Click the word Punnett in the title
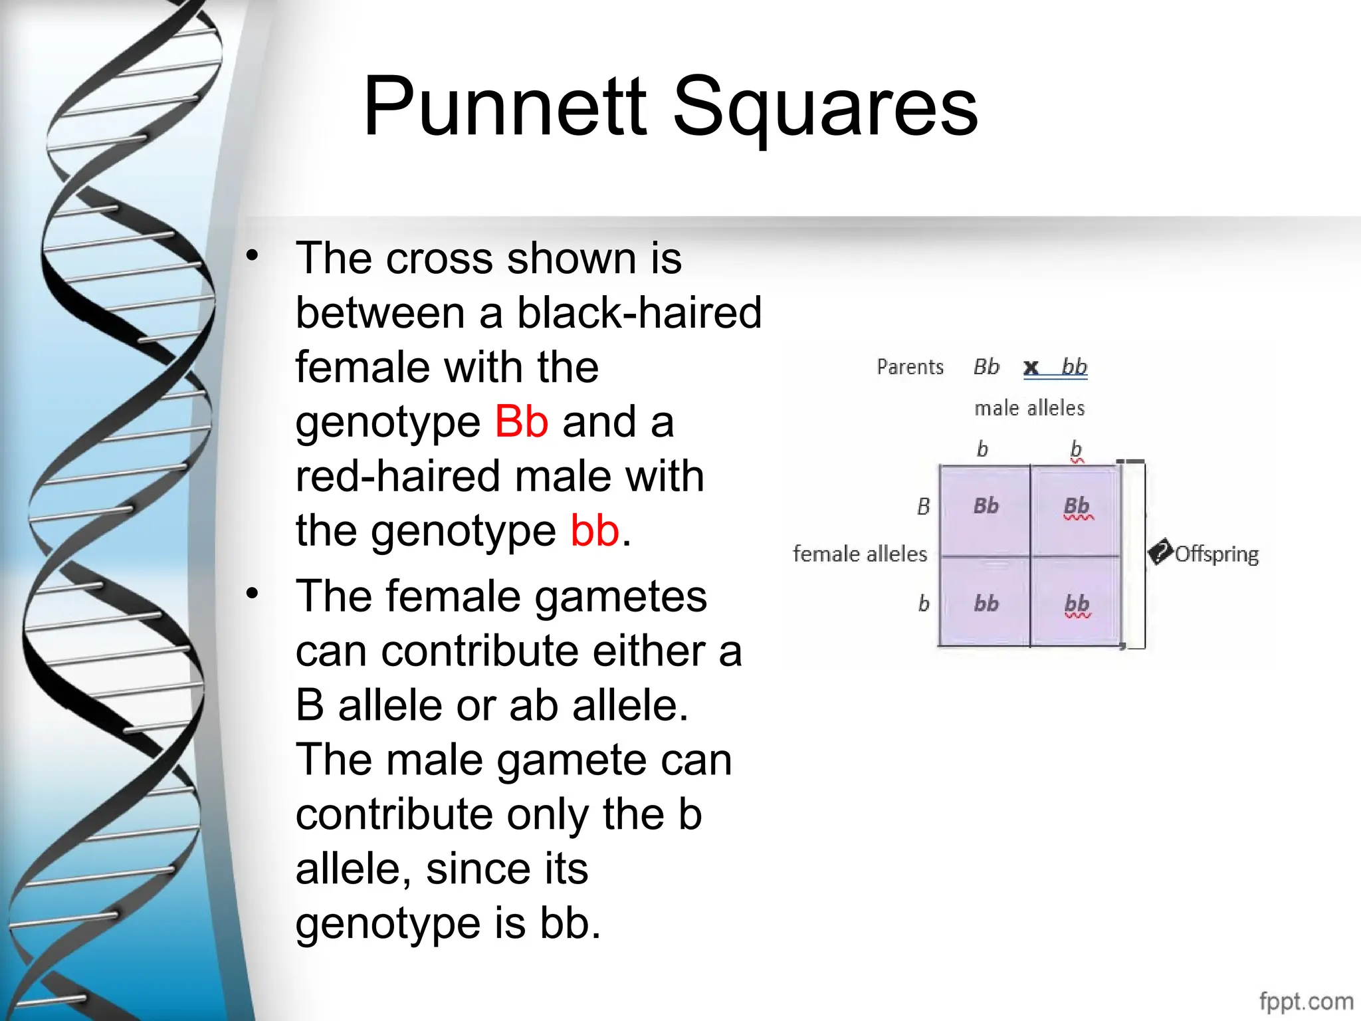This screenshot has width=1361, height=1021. pyautogui.click(x=504, y=106)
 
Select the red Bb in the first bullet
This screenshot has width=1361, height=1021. pyautogui.click(x=522, y=422)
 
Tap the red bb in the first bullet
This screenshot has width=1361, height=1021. pyautogui.click(x=595, y=531)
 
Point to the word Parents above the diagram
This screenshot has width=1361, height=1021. pyautogui.click(x=910, y=367)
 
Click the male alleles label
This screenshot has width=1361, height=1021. pyautogui.click(x=1029, y=408)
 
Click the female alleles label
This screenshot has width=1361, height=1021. pyautogui.click(x=860, y=554)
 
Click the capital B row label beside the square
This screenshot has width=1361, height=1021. pyautogui.click(x=924, y=507)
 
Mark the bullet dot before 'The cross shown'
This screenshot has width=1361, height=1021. pyautogui.click(x=252, y=255)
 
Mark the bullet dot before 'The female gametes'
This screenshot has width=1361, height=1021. pyautogui.click(x=252, y=593)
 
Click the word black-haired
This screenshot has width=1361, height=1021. pyautogui.click(x=639, y=313)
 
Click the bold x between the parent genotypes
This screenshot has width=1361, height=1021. pyautogui.click(x=1031, y=367)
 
